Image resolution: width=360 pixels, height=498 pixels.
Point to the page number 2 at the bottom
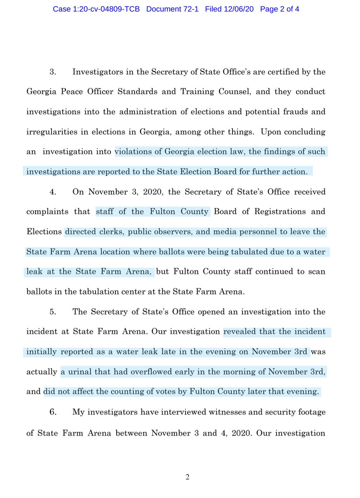[187, 477]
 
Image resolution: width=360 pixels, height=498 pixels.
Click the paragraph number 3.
[53, 72]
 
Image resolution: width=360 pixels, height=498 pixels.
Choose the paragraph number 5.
[53, 311]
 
